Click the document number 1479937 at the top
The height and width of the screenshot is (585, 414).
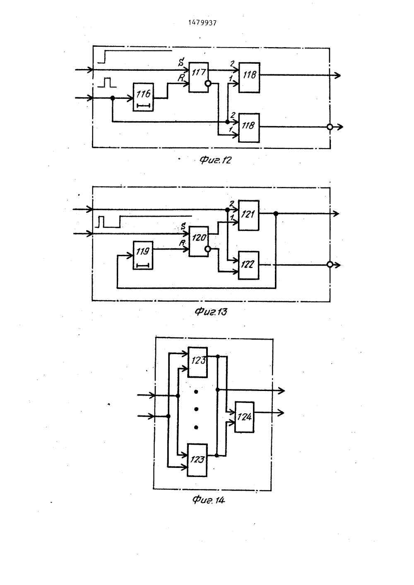click(202, 23)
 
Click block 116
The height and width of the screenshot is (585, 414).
click(143, 97)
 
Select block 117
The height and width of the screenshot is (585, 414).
click(199, 77)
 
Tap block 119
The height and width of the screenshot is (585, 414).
click(143, 255)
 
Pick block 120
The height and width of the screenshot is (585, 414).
click(199, 241)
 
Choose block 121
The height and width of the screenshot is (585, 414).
click(248, 215)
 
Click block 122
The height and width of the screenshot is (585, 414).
click(248, 265)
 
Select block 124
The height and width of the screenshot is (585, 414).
click(244, 417)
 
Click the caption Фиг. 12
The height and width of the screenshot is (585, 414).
click(216, 160)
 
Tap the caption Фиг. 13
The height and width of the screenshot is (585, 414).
click(211, 312)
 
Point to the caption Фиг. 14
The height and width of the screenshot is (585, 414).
click(209, 500)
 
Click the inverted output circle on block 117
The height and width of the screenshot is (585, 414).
click(208, 84)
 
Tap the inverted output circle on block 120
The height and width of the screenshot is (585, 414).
click(208, 249)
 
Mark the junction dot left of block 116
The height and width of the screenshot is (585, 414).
click(113, 98)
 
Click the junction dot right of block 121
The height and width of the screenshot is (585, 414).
click(275, 213)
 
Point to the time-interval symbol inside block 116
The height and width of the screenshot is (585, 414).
click(144, 105)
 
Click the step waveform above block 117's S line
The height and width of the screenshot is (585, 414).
click(135, 56)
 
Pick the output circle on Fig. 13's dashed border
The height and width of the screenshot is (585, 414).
click(330, 265)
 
